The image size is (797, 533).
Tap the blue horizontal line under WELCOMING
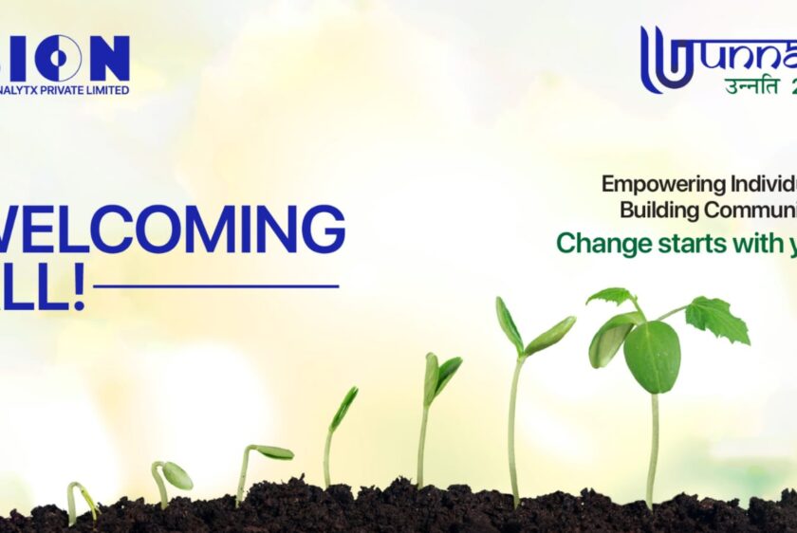216,285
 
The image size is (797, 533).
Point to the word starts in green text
687,244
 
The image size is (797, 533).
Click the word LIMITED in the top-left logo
108,90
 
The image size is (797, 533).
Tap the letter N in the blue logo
109,58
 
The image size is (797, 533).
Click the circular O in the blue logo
59,58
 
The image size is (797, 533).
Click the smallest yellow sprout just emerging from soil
80,497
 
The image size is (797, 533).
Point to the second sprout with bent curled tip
171,474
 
